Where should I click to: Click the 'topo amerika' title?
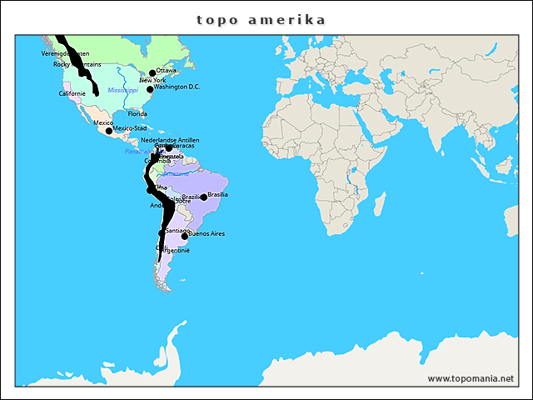[261, 19]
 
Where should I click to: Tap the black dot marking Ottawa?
[152, 72]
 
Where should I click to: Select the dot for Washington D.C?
[150, 89]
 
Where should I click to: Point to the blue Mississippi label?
[122, 89]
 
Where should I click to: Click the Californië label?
[72, 93]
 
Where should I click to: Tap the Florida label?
[137, 113]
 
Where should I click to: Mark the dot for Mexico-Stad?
[109, 131]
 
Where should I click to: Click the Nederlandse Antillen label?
[170, 140]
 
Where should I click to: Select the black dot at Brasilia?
[204, 197]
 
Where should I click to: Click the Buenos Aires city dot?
[185, 236]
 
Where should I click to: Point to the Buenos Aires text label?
[207, 233]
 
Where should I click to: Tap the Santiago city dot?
[162, 232]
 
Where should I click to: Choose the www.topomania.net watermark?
[471, 378]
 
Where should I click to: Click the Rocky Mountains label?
[77, 63]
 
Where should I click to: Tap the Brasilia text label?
[218, 194]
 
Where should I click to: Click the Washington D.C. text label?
[177, 87]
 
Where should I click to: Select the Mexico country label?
[103, 122]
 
